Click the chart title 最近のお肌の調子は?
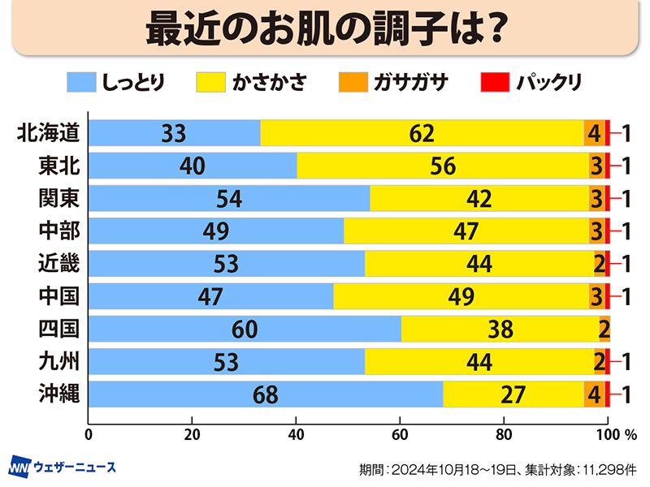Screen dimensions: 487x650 coord(325,28)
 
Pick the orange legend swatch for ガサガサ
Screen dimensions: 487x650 coord(353,83)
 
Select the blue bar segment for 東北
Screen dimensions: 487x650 coord(192,166)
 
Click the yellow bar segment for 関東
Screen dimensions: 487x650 coord(479,198)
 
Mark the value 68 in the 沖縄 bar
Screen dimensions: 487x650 coord(265,394)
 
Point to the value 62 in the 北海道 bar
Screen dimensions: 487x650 coord(422,133)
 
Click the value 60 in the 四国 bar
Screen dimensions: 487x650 coord(244,329)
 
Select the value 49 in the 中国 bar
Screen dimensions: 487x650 coord(461,296)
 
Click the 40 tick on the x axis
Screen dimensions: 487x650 coord(296,432)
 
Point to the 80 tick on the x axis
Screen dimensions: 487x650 coord(504,432)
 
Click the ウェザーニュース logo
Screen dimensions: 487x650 coord(63,467)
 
